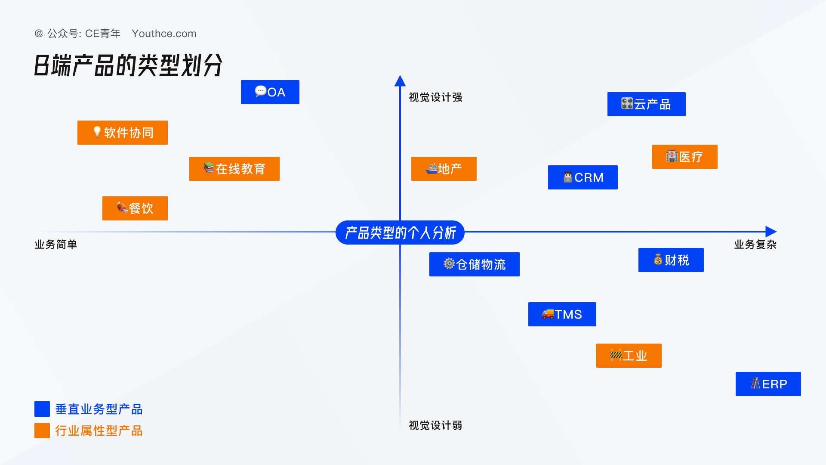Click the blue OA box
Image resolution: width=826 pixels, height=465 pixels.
coord(270,92)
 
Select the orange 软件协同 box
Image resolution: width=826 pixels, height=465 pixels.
coord(123,133)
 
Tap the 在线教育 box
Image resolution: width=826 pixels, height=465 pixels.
coord(234,169)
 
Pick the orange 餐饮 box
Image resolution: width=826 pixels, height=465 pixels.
coord(135,208)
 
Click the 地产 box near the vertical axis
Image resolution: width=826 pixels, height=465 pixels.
coord(444,169)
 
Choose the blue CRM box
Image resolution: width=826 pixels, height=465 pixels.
coord(583,177)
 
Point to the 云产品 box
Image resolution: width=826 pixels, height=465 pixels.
coord(647,104)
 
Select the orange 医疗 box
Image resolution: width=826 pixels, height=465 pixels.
coord(685,157)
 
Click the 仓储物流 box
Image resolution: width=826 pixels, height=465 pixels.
coord(475,264)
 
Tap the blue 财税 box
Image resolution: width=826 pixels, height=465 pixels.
coord(671,260)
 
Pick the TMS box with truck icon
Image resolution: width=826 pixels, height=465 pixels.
coord(562,314)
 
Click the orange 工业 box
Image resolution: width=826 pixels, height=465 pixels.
coord(629,356)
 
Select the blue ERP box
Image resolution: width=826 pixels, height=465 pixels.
coord(768,384)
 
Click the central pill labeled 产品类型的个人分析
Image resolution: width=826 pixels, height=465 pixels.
coord(400,232)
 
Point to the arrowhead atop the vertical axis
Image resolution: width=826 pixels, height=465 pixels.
coord(400,81)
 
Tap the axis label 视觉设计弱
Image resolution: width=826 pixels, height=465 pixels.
coord(435,425)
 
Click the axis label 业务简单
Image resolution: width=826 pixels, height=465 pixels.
coord(56,245)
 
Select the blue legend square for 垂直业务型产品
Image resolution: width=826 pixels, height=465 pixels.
coord(42,409)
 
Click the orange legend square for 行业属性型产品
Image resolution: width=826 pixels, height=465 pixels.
coord(42,431)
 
